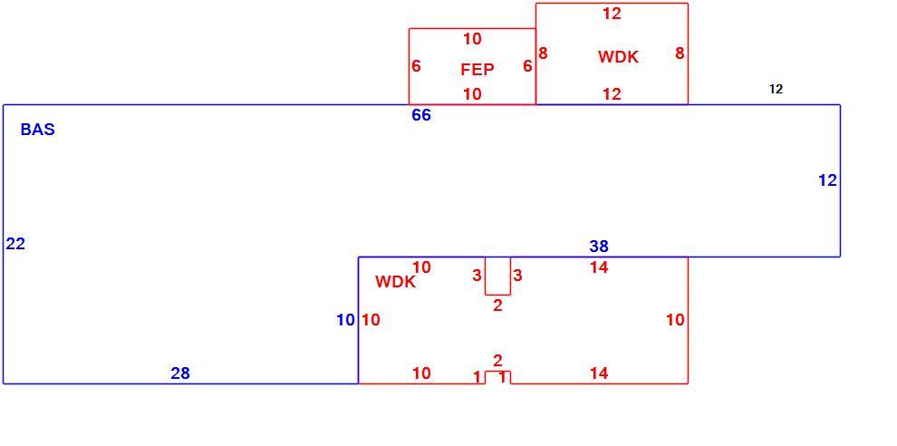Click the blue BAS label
click(38, 130)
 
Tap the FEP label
click(477, 70)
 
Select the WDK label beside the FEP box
click(619, 57)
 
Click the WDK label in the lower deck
click(395, 282)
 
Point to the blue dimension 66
click(421, 115)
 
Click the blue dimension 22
click(15, 244)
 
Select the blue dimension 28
click(180, 373)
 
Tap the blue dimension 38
click(599, 247)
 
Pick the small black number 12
click(776, 90)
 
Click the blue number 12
click(828, 180)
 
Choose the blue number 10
click(345, 321)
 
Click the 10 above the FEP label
click(473, 39)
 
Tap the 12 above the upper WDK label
click(612, 14)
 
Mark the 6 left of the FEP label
click(416, 66)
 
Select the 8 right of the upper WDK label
click(680, 53)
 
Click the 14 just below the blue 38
click(599, 267)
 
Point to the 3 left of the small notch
click(477, 276)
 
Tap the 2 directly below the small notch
click(497, 305)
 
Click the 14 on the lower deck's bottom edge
click(599, 373)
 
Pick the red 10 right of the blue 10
click(371, 321)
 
